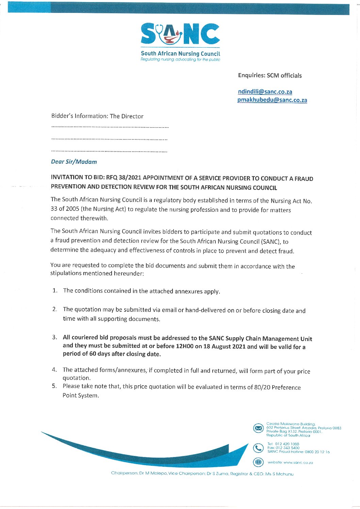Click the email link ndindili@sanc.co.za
[x=265, y=92]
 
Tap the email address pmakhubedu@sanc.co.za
[x=272, y=100]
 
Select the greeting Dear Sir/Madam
[x=74, y=162]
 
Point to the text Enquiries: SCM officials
[x=270, y=75]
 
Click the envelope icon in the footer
[x=259, y=428]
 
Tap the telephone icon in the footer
[x=259, y=448]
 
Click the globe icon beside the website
[x=259, y=462]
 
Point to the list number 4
[x=54, y=370]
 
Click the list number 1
[x=55, y=290]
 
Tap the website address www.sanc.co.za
[x=298, y=462]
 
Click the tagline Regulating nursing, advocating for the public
[x=180, y=60]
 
